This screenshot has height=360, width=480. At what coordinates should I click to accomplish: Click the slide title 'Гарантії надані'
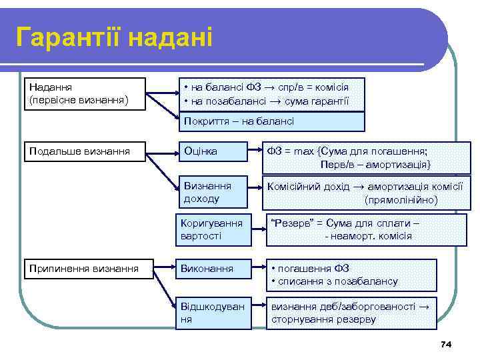[x=114, y=37]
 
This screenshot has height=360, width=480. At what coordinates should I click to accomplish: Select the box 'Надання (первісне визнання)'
[x=84, y=93]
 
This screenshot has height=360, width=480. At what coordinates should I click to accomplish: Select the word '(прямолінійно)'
[x=401, y=199]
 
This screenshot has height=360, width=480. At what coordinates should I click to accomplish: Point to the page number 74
[x=446, y=344]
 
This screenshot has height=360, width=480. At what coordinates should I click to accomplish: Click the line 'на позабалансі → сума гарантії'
[x=269, y=101]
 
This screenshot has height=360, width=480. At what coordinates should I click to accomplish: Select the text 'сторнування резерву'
[x=323, y=319]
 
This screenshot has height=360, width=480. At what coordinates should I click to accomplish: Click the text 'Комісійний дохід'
[x=305, y=187]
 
